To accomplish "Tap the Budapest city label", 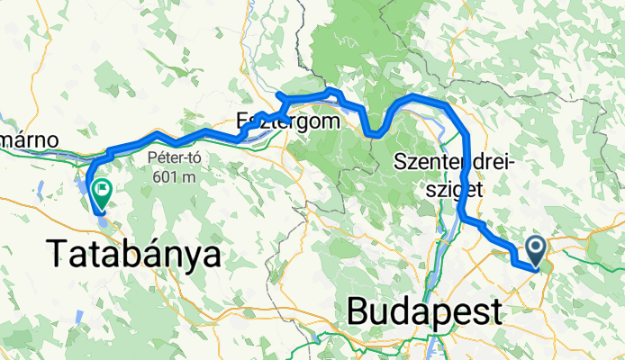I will pos(424,313).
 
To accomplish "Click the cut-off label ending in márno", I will pos(29,140).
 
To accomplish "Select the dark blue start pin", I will pos(535,249).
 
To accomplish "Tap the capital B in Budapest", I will pos(358,313).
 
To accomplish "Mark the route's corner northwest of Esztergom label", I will pos(279,94).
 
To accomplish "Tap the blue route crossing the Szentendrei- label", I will pos(466,163).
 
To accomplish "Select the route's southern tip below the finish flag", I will pos(101,212).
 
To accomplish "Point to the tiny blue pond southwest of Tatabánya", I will pos(78,316).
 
